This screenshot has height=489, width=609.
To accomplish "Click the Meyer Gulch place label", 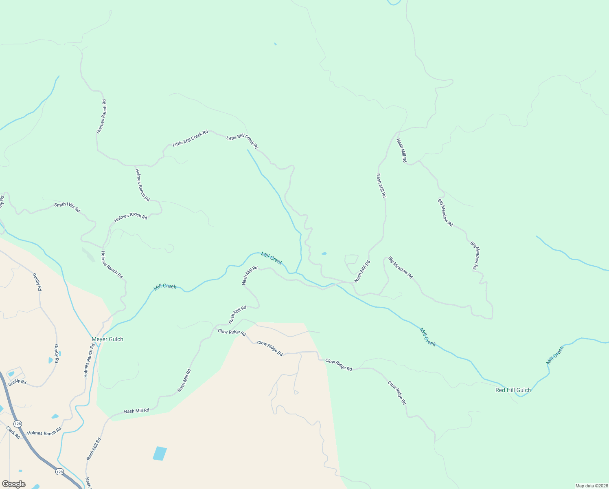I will coord(107,339).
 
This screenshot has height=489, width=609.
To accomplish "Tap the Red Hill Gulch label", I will coord(513,390).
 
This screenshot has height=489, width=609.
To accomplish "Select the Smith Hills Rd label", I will coord(67,207).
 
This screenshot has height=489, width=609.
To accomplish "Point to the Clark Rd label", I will coord(13,432).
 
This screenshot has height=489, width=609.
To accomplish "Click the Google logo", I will coord(14,484).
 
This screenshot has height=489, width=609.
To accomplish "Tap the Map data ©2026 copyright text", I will coord(591,486).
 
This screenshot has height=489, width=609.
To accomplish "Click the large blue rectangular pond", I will coord(160,453).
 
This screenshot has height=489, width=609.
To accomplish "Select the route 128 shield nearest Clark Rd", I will coord(17,423).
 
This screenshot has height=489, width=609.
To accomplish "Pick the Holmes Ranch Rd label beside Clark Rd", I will coord(44,432).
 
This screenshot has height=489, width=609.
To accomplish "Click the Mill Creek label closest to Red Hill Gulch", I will coord(555,355).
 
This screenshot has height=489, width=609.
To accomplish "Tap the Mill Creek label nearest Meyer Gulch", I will coord(165,286).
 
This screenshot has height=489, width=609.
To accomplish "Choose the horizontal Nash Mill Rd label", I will coord(136,411).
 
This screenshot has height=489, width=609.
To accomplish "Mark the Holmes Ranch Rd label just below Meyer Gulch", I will coord(89,360).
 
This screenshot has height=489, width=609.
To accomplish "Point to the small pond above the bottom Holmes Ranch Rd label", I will coord(55,416).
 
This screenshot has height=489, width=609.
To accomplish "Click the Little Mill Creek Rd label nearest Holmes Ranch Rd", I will coord(190,138).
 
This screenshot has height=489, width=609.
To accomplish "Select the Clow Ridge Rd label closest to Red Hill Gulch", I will coord(397,393).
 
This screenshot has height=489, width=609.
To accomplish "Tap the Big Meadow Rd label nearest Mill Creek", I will coord(400,267).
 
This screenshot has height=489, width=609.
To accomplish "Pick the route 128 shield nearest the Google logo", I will coord(59,471).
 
